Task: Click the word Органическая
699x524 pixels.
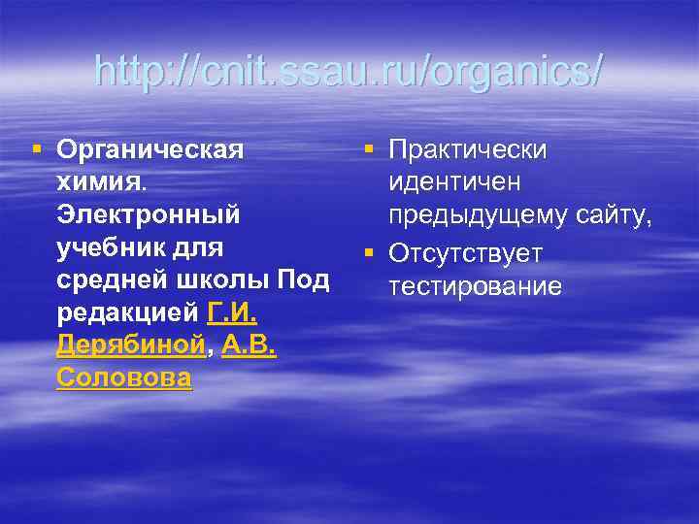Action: click(150, 149)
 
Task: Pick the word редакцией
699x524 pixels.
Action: click(128, 313)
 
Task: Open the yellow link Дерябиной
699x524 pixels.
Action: click(129, 346)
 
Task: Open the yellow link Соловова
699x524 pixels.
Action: click(124, 378)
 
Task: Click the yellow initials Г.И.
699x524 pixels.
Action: click(232, 313)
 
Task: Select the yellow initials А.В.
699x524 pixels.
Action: click(249, 346)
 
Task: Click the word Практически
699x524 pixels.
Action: click(467, 149)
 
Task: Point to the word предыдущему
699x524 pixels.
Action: click(473, 214)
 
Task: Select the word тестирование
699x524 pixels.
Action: click(475, 286)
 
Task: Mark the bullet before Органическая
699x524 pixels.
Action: click(37, 148)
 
